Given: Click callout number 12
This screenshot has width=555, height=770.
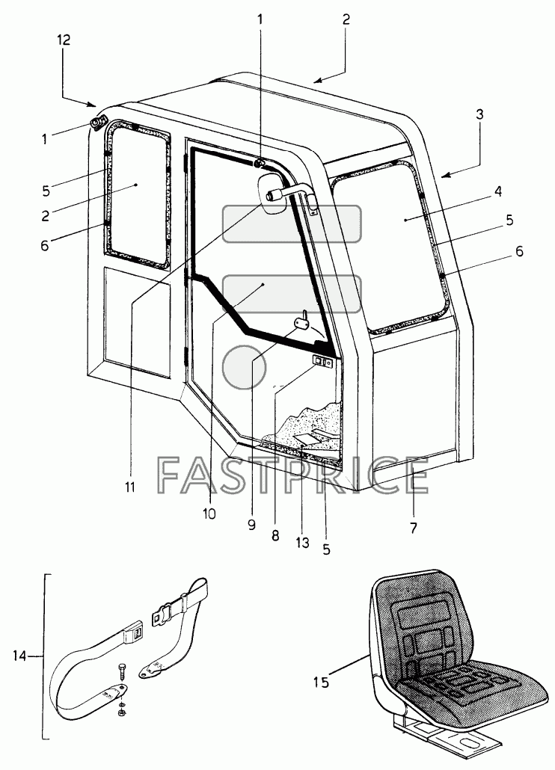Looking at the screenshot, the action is point(64,40).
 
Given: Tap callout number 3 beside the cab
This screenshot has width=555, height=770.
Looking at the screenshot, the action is point(480,114).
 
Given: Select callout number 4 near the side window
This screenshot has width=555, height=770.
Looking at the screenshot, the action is point(497,191).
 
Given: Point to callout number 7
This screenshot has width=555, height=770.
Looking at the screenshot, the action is point(413,529).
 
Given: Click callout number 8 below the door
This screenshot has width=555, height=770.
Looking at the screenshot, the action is point(275,535).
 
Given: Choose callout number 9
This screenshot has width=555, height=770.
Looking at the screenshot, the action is point(251,525).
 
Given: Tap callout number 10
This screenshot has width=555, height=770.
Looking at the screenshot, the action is point(209,514).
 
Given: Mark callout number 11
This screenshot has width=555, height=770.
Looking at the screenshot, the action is point(129,487).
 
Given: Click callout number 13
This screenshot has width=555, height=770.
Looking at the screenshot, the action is point(302,542).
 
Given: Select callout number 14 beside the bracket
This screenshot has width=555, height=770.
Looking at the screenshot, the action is point(19,656).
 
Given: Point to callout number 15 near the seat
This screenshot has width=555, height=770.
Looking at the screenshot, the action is point(321,682).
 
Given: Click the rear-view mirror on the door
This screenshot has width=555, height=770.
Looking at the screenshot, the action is point(273,194).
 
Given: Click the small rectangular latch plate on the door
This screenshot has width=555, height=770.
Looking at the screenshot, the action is point(322,363).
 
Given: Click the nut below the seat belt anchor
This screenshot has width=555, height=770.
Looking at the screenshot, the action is point(121,711).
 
